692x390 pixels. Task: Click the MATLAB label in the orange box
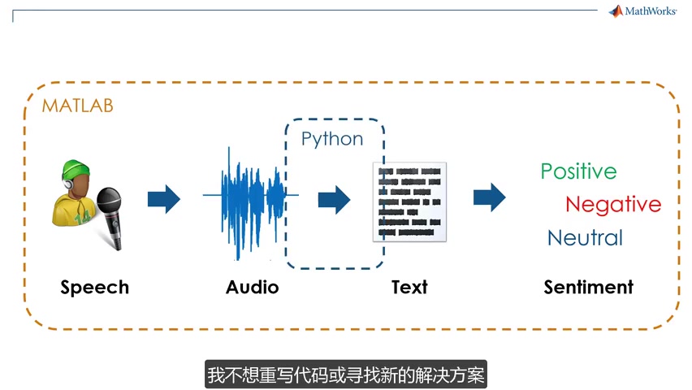[x=78, y=106]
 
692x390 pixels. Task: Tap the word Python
[x=332, y=139]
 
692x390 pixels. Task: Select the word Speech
[x=94, y=287]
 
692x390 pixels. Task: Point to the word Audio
[x=252, y=287]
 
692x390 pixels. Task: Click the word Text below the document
[x=409, y=287]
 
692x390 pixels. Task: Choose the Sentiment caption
[x=588, y=287]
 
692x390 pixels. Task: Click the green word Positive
[x=578, y=171]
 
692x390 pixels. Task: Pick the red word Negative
[x=613, y=204]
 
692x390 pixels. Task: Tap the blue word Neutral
[x=585, y=238]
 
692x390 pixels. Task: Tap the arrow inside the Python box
[x=334, y=198]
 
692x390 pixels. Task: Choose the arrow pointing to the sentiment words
[x=489, y=197]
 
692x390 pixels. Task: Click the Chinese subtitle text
[x=346, y=376]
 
